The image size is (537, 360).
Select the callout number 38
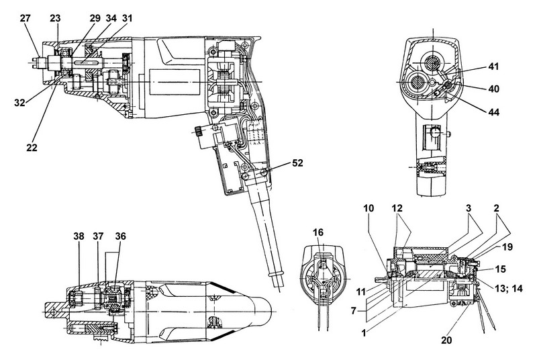point(79,236)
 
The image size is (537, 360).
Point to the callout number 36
point(121,236)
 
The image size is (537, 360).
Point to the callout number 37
point(99,236)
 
